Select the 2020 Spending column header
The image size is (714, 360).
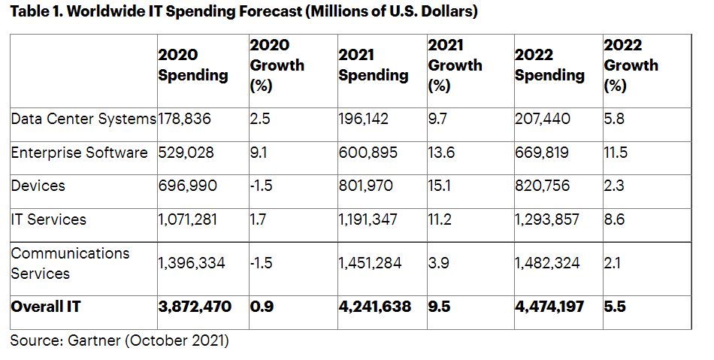[192, 65]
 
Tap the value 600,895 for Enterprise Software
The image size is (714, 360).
[368, 153]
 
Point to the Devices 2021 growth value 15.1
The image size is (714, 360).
[439, 186]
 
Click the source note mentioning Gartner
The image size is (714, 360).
[119, 340]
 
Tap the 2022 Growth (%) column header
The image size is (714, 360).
[631, 65]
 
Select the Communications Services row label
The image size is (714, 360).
[70, 263]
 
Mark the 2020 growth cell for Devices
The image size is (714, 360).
[261, 186]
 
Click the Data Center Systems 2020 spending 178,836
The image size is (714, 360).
[185, 119]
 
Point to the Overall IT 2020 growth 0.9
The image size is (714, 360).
[260, 307]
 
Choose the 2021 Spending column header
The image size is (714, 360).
[373, 65]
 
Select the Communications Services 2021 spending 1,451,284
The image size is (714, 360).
[370, 263]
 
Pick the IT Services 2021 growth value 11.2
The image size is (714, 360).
[439, 219]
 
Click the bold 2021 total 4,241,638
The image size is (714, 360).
[374, 307]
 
